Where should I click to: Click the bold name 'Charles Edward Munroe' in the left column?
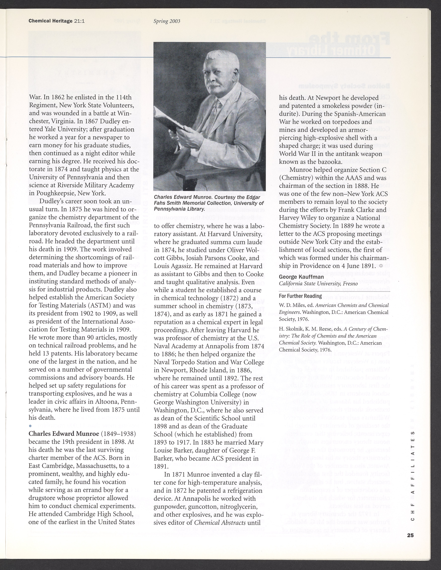point(63,434)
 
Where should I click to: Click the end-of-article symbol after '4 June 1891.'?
point(381,266)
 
